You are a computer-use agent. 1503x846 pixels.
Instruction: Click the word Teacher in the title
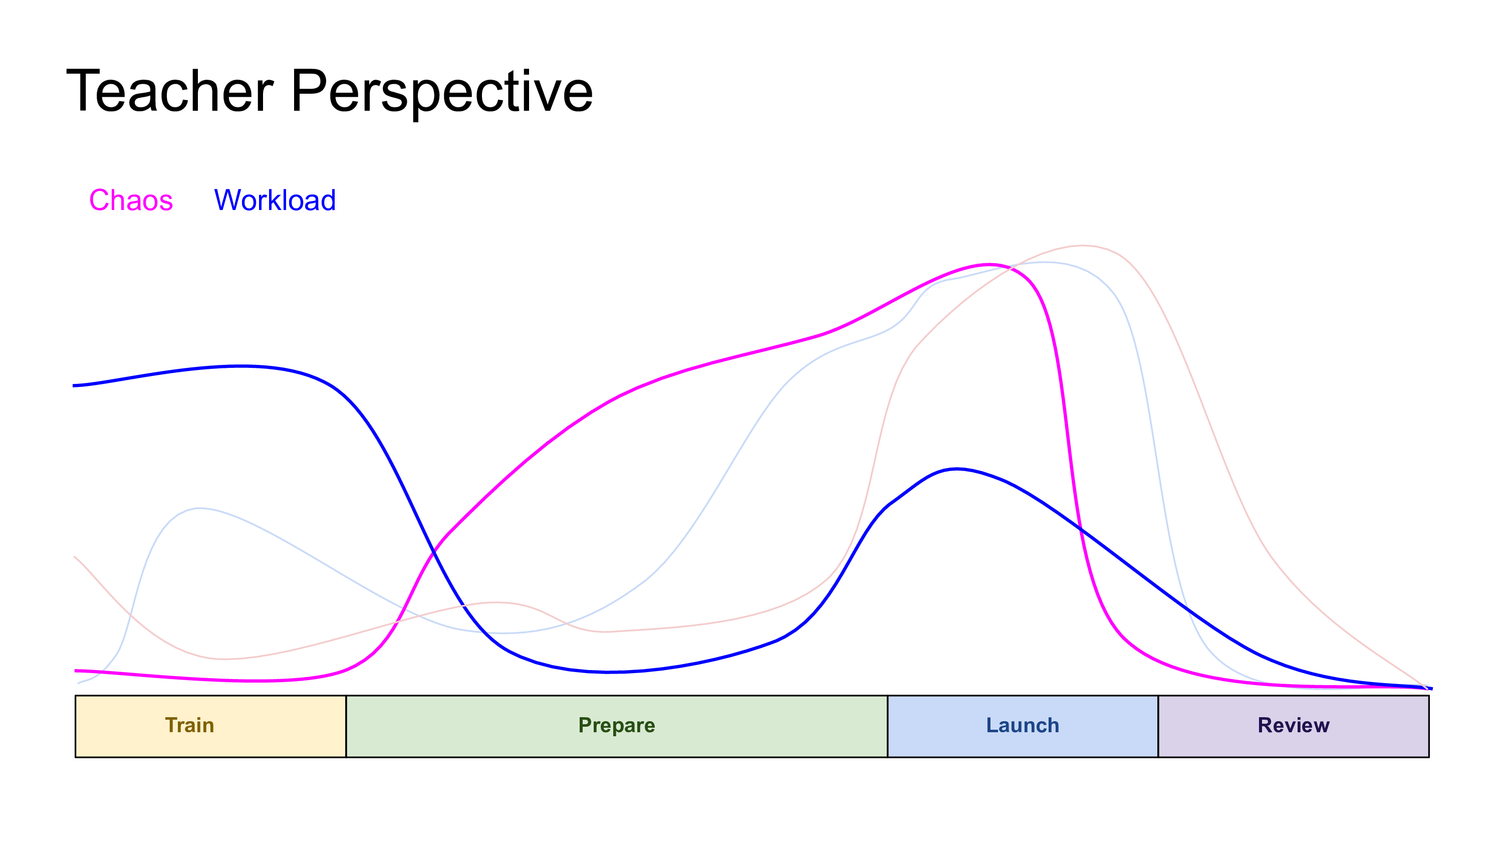tap(170, 91)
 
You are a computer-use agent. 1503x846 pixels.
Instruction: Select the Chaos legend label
tap(131, 200)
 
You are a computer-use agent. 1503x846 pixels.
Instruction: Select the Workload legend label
tap(275, 200)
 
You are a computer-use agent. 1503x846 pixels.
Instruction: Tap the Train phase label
tap(189, 725)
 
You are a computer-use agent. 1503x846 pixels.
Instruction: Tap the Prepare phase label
tap(617, 726)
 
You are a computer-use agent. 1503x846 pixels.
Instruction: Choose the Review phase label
tap(1294, 725)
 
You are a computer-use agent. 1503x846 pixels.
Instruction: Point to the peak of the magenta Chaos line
tap(988, 265)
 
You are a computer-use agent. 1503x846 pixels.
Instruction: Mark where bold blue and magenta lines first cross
tap(433, 551)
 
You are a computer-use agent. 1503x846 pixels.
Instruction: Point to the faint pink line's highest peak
tap(1083, 246)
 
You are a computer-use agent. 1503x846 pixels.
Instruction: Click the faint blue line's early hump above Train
tap(199, 509)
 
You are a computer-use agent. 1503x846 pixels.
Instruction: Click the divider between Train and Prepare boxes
tap(346, 726)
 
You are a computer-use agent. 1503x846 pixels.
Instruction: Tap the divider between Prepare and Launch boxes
tap(887, 726)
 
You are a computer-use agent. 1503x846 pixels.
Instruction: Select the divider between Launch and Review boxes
tap(1158, 726)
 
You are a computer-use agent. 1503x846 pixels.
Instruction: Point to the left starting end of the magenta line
tap(76, 671)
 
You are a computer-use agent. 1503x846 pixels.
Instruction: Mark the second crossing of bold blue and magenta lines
tap(1080, 530)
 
